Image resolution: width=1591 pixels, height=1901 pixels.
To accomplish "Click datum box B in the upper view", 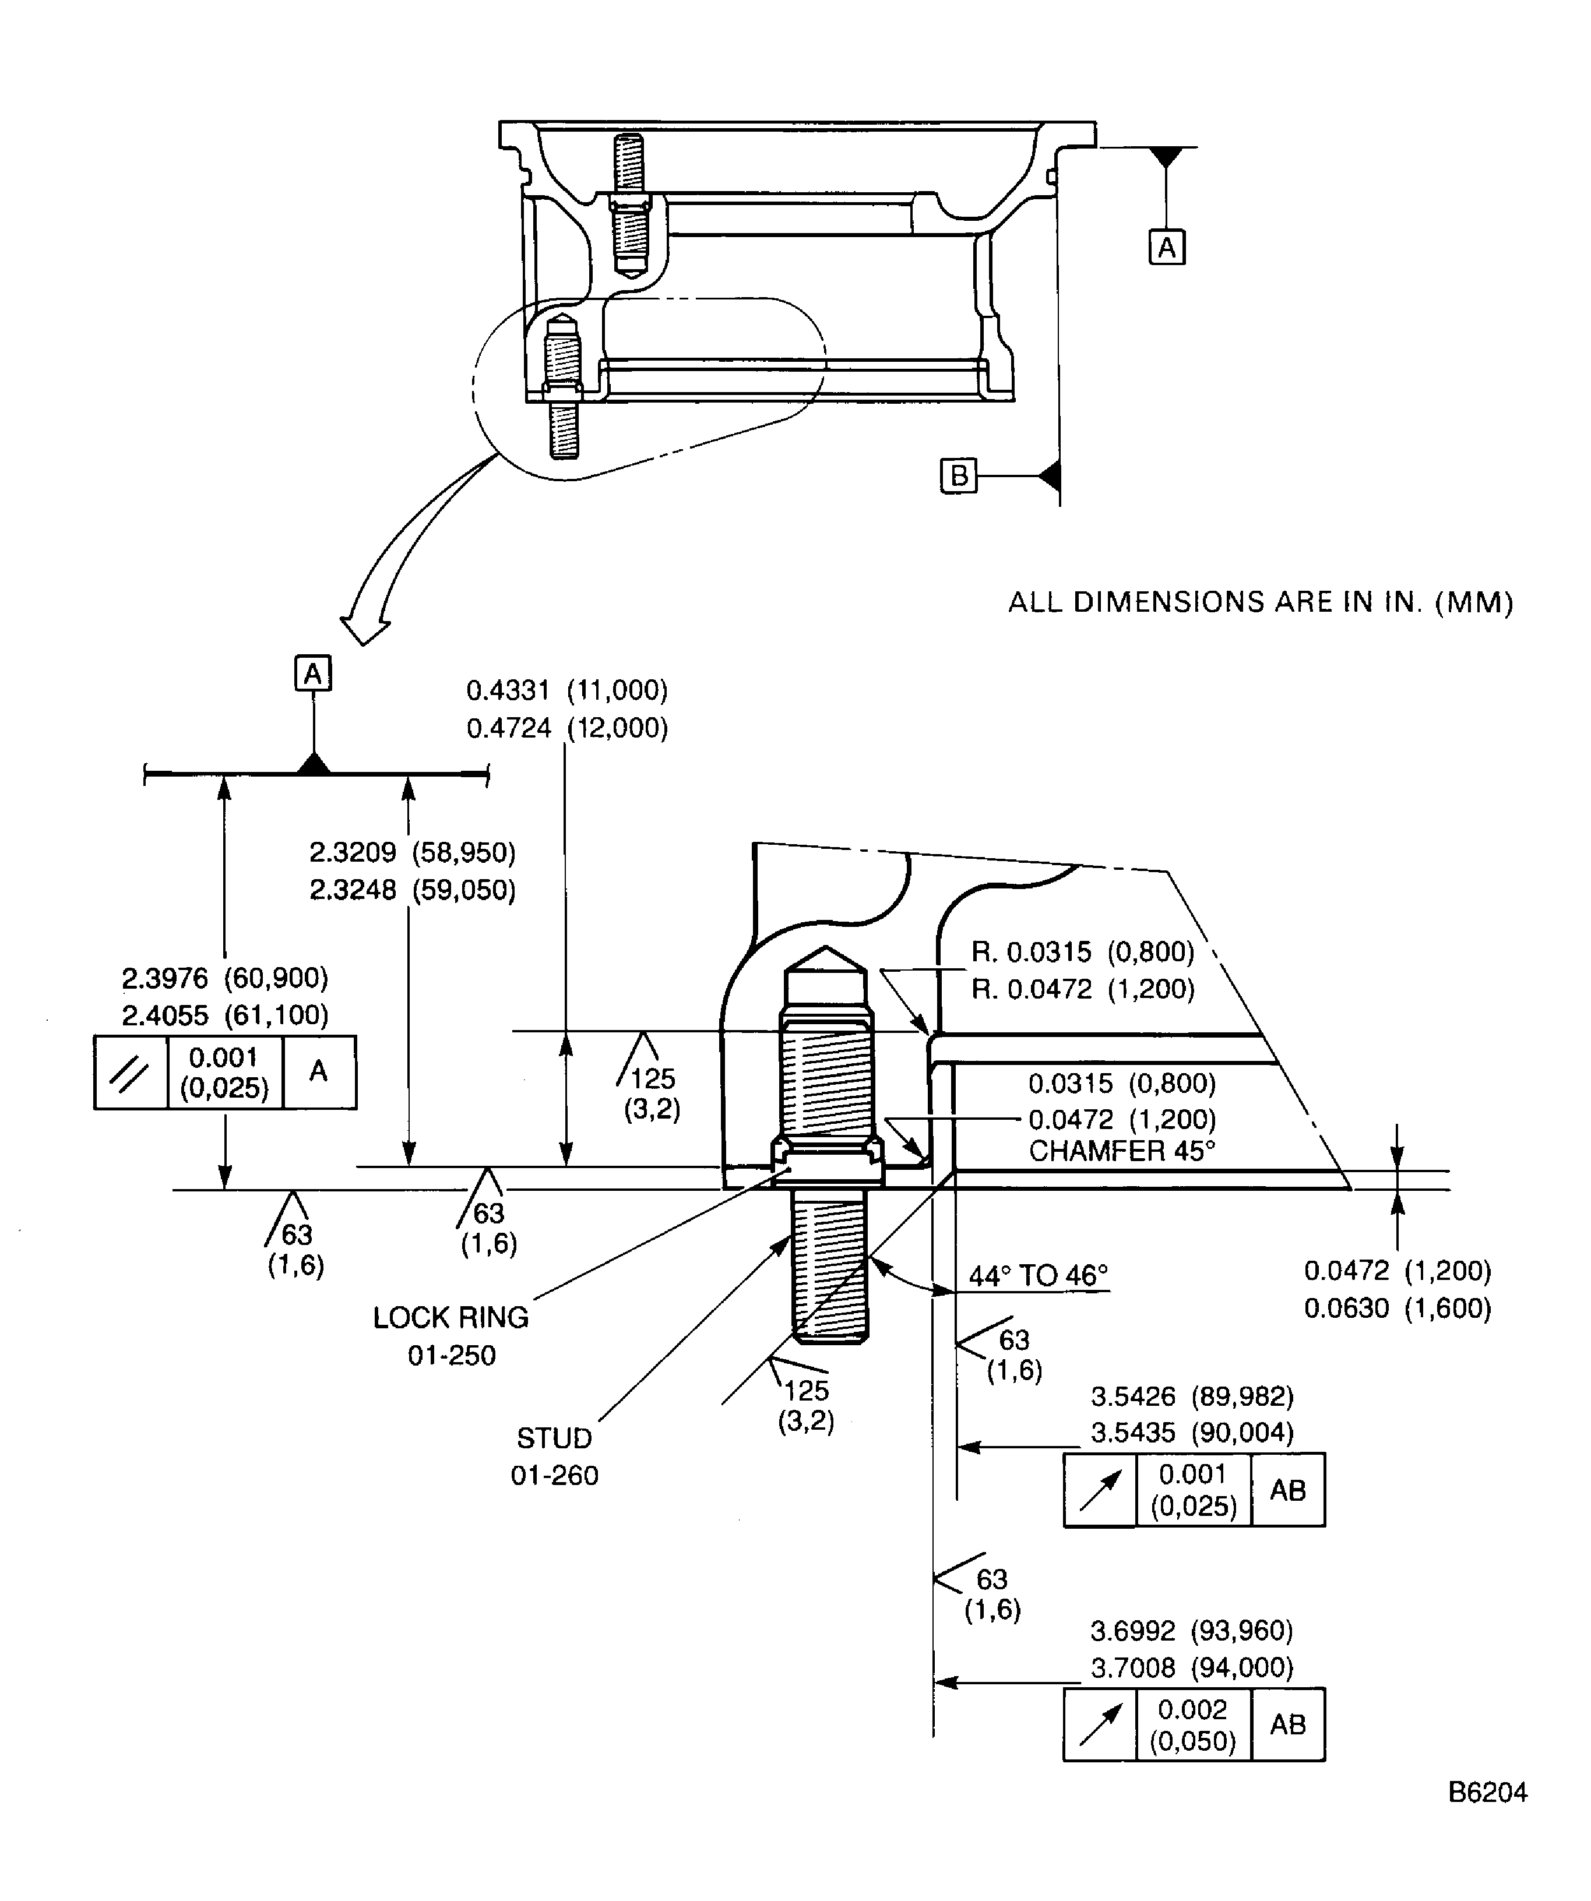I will coord(959,475).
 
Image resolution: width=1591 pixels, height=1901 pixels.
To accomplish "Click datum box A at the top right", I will coord(1166,246).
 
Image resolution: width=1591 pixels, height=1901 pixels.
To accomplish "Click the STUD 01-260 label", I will coord(554,1456).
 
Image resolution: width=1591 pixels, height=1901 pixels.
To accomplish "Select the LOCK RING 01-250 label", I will coord(451,1335).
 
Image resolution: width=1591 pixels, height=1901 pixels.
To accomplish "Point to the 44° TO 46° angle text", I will coord(1038,1275).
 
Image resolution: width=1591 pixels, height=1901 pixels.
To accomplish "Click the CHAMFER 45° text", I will coord(1121,1151).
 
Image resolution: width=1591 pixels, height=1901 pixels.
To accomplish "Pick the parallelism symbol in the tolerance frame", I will coord(131,1073).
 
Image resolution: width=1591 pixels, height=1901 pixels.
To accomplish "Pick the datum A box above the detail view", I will coord(314,673).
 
